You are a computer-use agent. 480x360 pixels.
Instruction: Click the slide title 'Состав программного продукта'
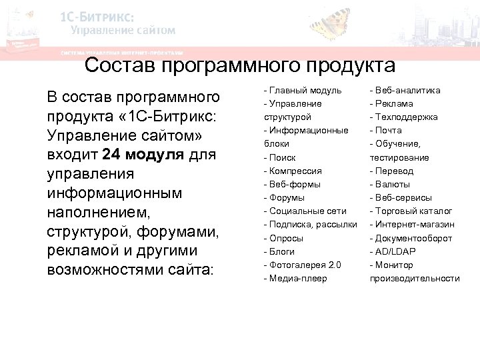[x=240, y=65]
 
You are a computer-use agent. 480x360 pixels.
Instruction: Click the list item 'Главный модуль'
[x=305, y=90]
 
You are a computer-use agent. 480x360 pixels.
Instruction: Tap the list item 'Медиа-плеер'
[x=297, y=278]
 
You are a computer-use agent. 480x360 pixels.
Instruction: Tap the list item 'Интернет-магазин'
[x=414, y=224]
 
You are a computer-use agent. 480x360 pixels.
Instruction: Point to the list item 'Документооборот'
[x=413, y=238]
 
